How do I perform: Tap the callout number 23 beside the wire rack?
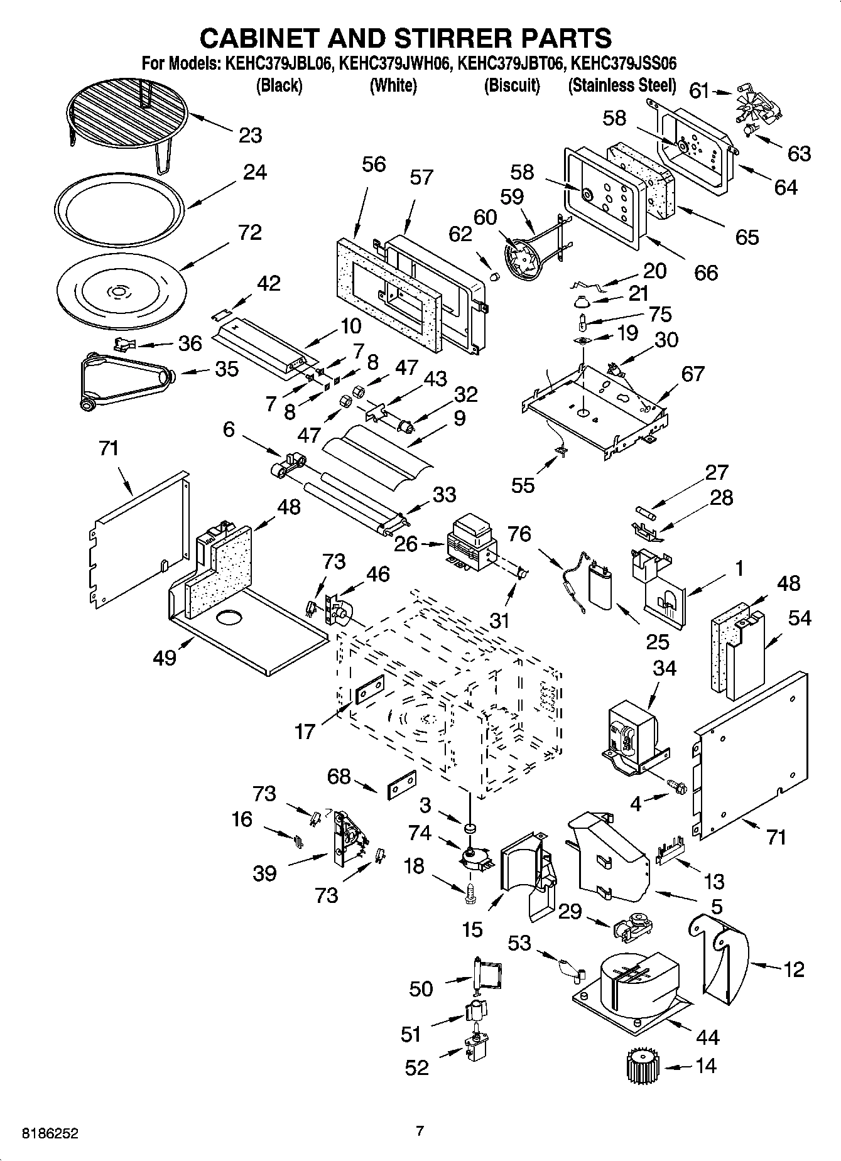pos(250,135)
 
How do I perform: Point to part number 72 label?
pos(249,233)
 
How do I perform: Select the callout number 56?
pos(374,165)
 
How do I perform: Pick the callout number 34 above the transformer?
pos(664,668)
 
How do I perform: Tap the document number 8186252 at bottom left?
pos(50,1133)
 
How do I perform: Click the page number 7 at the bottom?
pos(420,1131)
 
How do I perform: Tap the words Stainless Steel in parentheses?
pos(622,85)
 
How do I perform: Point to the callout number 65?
pos(747,237)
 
